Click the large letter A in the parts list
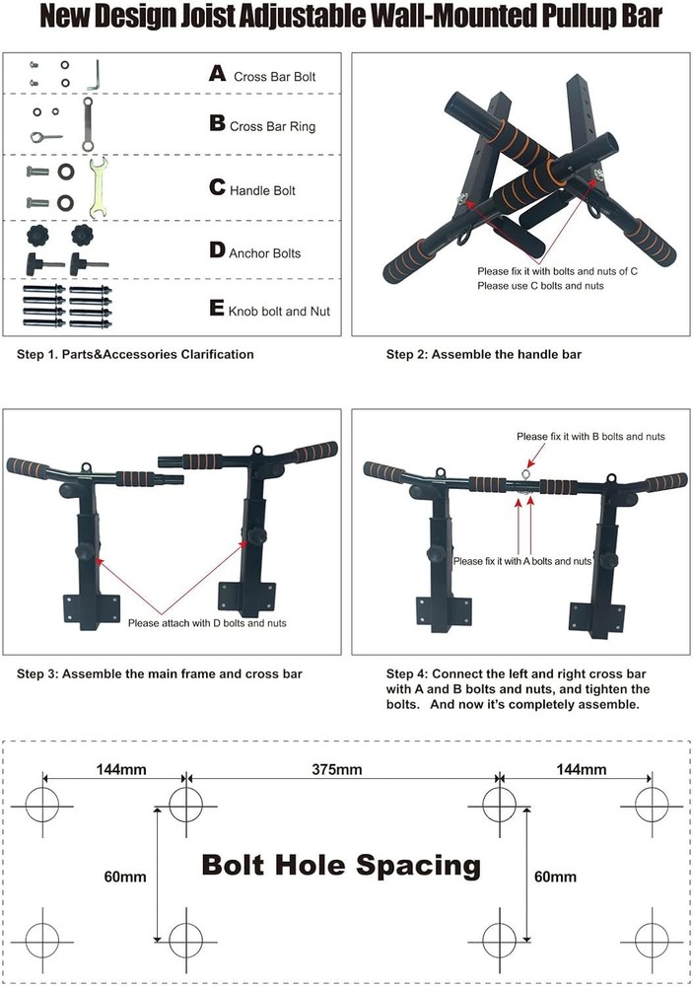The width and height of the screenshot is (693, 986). pos(218,73)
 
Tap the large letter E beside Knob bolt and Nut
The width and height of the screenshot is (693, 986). pos(218,308)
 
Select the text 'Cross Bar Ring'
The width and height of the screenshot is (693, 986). pos(272,126)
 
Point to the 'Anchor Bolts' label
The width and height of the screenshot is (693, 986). pos(265,253)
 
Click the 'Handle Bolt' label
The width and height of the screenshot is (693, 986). pos(262,190)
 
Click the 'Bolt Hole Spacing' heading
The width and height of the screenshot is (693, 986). pos(341,866)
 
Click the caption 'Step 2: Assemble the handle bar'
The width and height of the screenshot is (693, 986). pos(478,354)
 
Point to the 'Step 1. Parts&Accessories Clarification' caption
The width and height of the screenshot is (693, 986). pos(135,354)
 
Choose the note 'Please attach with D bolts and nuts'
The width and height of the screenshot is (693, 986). pos(208,622)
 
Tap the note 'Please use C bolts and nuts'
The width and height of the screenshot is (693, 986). pos(540,285)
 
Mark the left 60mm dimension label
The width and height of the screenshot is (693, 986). pos(126,876)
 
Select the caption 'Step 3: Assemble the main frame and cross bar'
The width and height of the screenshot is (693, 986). pos(160,674)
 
